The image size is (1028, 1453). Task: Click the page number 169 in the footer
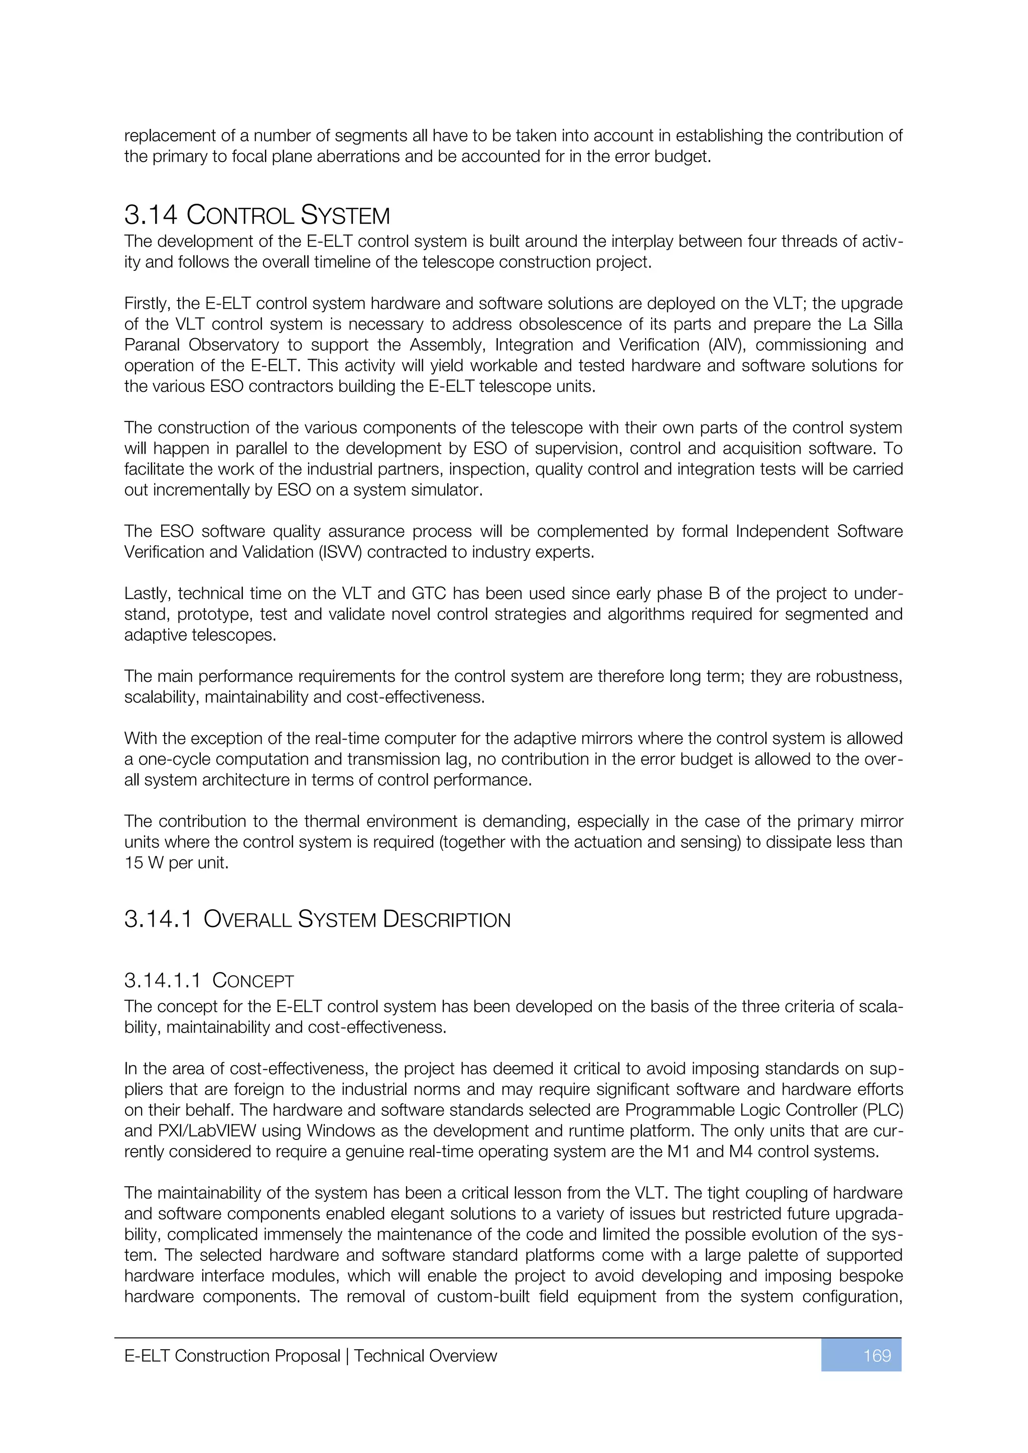pyautogui.click(x=877, y=1356)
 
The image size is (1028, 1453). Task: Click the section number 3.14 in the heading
pyautogui.click(x=151, y=215)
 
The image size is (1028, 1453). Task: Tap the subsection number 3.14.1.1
pyautogui.click(x=163, y=980)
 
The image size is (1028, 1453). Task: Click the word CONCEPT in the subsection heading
pyautogui.click(x=253, y=981)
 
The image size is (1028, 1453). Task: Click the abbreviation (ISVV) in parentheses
pyautogui.click(x=338, y=552)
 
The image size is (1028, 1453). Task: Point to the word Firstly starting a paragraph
pyautogui.click(x=147, y=304)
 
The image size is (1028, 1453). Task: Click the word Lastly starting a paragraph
pyautogui.click(x=146, y=594)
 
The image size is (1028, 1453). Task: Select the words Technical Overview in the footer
pyautogui.click(x=425, y=1356)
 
